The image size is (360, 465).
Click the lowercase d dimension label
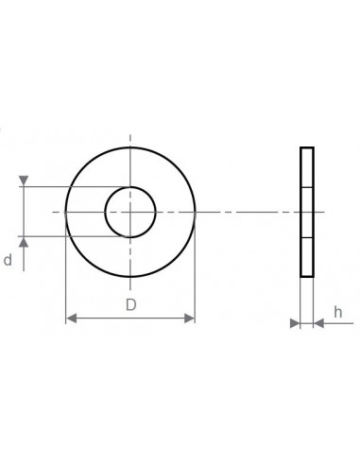(x=8, y=260)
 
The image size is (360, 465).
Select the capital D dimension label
(x=130, y=304)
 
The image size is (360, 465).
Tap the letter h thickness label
(x=337, y=311)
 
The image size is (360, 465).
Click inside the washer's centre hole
(x=130, y=212)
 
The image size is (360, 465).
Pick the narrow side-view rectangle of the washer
(x=306, y=212)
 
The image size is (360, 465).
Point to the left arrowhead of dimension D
(x=70, y=319)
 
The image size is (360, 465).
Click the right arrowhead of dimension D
(x=190, y=319)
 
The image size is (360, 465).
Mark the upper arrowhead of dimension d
(x=24, y=181)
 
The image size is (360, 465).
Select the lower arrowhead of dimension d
(x=24, y=242)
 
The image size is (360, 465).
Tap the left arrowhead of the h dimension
(x=294, y=323)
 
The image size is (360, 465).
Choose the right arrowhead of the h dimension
(x=318, y=323)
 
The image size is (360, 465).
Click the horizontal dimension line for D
(x=130, y=319)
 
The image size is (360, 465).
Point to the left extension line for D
(x=65, y=274)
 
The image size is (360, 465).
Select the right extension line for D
(x=195, y=274)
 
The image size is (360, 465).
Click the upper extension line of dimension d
(x=66, y=186)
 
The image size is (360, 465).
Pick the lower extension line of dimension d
(x=66, y=236)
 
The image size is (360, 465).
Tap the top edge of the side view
(x=306, y=148)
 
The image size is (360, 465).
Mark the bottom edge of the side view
(x=306, y=276)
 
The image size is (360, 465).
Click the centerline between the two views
(x=246, y=212)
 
